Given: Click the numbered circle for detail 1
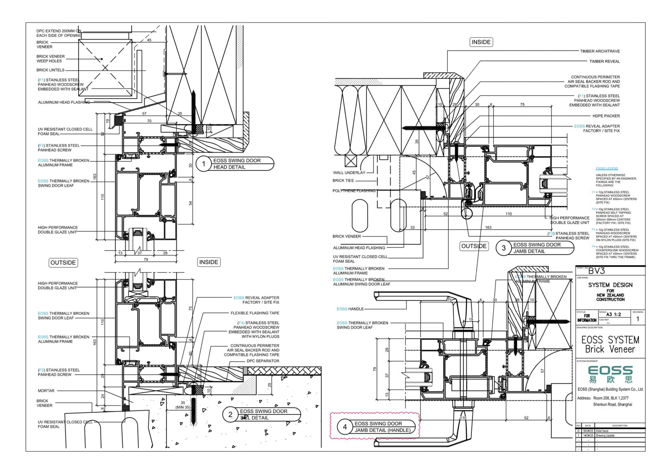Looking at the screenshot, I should [x=204, y=164].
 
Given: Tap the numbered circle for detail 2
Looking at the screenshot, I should [x=230, y=414].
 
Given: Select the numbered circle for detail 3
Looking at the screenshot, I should [x=503, y=248].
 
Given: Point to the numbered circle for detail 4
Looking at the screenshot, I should [x=345, y=427].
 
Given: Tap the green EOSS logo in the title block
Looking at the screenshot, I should [x=610, y=374].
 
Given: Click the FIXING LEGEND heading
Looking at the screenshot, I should [x=607, y=168].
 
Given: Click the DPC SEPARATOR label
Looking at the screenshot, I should [x=263, y=361].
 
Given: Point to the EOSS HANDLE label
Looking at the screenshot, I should [x=350, y=309].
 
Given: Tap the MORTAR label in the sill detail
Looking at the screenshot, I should [x=46, y=391].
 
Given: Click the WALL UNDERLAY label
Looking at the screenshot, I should [x=349, y=173].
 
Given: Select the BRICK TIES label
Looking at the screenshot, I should [x=343, y=181].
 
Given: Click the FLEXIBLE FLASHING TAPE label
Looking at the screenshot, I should [x=255, y=313].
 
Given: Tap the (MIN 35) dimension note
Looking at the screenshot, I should [x=183, y=407].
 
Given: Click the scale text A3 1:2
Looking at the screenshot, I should [x=613, y=314].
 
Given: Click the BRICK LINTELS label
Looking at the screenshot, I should [x=50, y=70].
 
